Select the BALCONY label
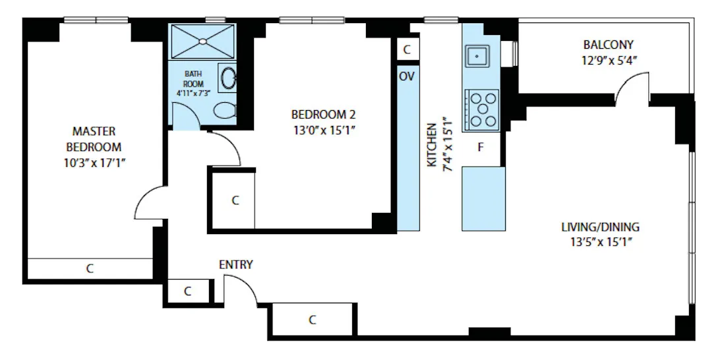[x=608, y=45]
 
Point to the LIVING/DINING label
[x=600, y=227]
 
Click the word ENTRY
[x=235, y=264]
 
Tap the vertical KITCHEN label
[x=432, y=144]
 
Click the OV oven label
[x=407, y=76]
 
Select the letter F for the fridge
[x=481, y=147]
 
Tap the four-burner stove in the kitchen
[x=482, y=108]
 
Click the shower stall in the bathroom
[x=202, y=41]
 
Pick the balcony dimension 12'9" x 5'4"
[x=608, y=59]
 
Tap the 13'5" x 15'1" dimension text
[x=600, y=241]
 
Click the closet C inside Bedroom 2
[x=235, y=200]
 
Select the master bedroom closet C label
[x=90, y=268]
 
